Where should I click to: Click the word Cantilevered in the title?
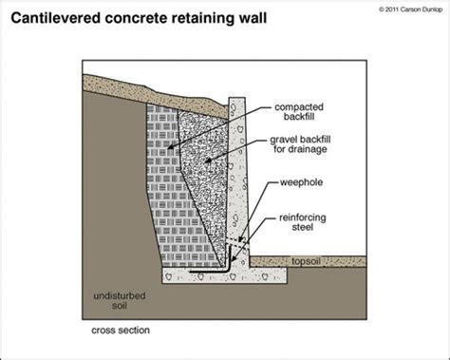(56, 18)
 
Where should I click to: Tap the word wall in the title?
(253, 18)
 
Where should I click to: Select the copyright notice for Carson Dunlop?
(411, 9)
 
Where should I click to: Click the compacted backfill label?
(299, 112)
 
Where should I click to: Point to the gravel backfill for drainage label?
(300, 144)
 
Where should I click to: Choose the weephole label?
(301, 182)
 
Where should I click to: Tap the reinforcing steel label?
(303, 222)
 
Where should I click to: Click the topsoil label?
(306, 261)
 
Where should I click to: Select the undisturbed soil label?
(120, 301)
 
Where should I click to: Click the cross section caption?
(121, 331)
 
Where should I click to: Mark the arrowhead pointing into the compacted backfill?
(170, 146)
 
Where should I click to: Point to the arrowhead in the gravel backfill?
(208, 161)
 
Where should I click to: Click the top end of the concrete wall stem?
(236, 98)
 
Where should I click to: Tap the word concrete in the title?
(136, 18)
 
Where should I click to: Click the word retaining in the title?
(202, 18)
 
